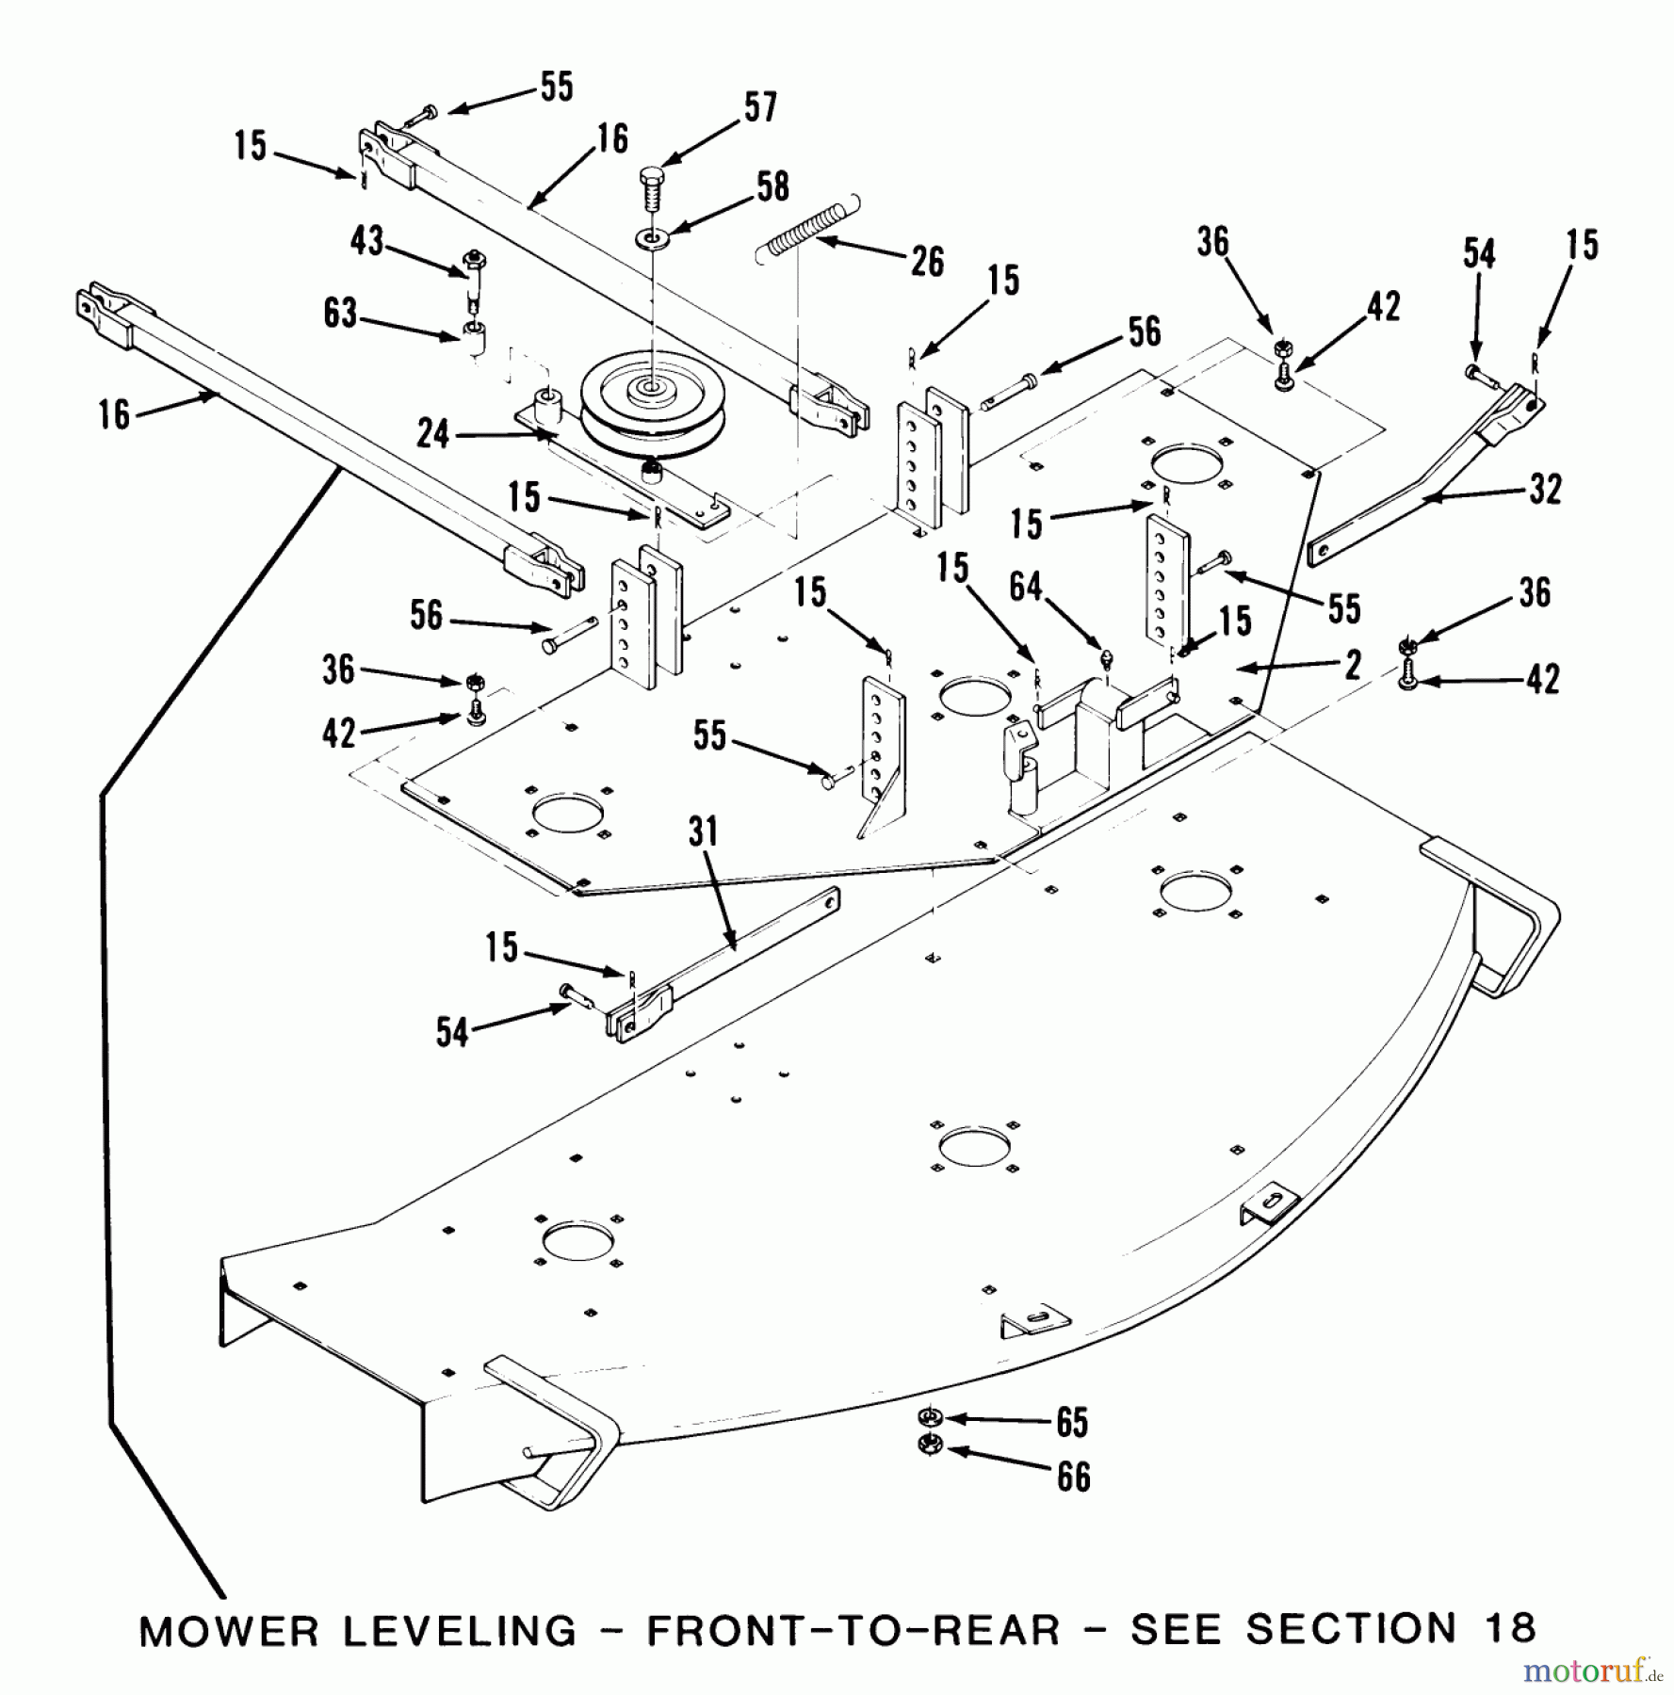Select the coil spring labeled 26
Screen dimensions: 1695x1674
click(x=808, y=230)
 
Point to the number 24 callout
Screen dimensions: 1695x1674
click(x=433, y=434)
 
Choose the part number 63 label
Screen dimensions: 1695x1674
click(x=341, y=313)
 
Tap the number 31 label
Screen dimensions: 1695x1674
click(x=703, y=831)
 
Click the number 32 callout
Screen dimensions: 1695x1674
click(x=1545, y=489)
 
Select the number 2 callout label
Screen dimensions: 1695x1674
click(x=1353, y=665)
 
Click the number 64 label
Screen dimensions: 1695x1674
click(x=1026, y=587)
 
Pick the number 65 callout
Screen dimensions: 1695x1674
click(x=1072, y=1422)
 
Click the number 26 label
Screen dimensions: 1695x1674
click(x=926, y=262)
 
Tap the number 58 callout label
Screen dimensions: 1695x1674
click(x=772, y=186)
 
